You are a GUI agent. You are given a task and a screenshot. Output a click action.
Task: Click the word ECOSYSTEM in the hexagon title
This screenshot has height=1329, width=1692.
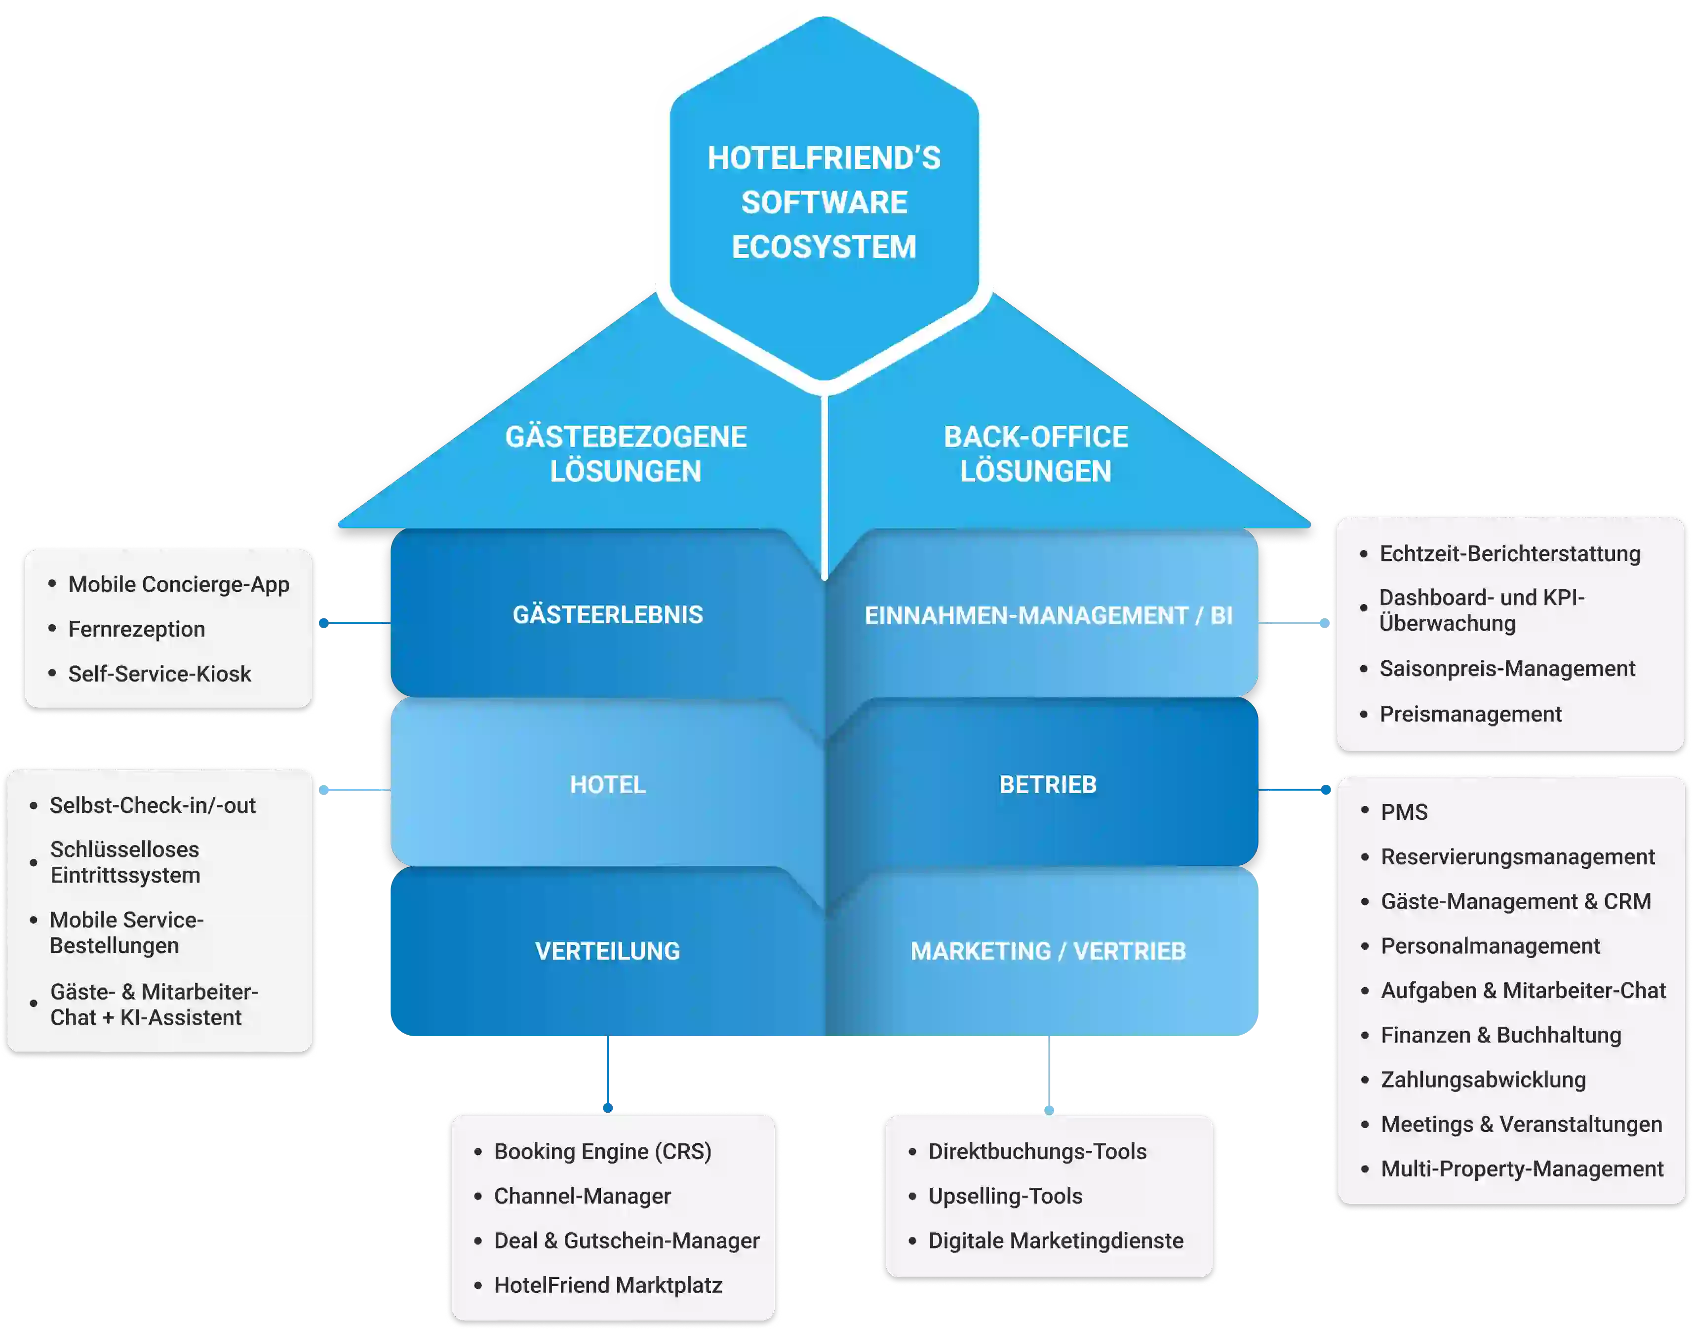[824, 247]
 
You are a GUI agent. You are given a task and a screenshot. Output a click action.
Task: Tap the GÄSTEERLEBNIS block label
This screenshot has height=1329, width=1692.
[608, 615]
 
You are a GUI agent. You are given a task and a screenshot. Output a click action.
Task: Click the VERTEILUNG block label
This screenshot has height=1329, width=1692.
[608, 951]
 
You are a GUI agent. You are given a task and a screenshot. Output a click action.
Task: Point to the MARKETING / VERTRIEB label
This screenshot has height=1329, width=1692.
[1048, 951]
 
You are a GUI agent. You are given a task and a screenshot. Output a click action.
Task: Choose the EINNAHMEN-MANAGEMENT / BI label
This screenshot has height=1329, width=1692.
[1048, 615]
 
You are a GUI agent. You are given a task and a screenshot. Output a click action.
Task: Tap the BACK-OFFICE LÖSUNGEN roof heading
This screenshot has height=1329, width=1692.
[1035, 454]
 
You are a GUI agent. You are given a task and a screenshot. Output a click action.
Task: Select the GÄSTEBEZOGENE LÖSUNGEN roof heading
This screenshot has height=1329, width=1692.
[626, 454]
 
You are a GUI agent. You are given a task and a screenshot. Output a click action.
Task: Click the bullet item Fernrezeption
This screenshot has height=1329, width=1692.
[137, 629]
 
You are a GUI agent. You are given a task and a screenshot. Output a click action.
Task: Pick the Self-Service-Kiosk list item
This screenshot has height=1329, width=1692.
[159, 674]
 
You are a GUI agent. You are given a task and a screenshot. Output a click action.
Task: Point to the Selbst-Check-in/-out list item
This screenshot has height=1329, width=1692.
[153, 805]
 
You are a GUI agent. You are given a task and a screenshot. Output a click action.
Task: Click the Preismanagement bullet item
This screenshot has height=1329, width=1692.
[1470, 714]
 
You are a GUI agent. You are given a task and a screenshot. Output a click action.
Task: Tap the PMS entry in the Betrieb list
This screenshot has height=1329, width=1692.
[1404, 812]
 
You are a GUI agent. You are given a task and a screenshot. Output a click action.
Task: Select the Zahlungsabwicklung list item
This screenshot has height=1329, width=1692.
[1483, 1080]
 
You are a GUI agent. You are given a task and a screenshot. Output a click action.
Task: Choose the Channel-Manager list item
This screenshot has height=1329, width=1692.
[582, 1196]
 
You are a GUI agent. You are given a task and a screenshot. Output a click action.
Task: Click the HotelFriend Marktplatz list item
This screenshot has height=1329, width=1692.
[608, 1286]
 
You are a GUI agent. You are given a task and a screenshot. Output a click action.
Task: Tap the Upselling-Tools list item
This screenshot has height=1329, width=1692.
[1005, 1196]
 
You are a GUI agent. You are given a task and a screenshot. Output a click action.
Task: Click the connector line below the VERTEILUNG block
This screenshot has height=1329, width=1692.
[608, 1074]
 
